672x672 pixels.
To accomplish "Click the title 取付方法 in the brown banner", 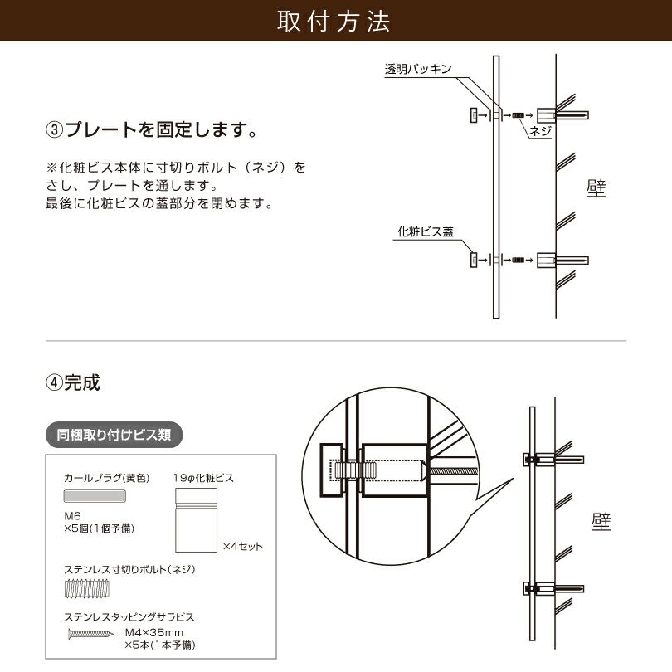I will click(335, 22).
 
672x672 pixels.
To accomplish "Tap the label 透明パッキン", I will click(417, 70).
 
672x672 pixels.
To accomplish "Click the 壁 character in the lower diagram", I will click(601, 521).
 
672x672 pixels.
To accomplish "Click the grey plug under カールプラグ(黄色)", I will click(95, 495).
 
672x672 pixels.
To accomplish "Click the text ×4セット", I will click(242, 546).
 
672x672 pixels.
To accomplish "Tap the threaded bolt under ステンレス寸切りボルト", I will click(86, 590).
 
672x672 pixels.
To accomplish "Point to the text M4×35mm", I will click(153, 631).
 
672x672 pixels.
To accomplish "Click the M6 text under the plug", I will click(73, 514).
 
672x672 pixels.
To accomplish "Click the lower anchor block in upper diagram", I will click(548, 260).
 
